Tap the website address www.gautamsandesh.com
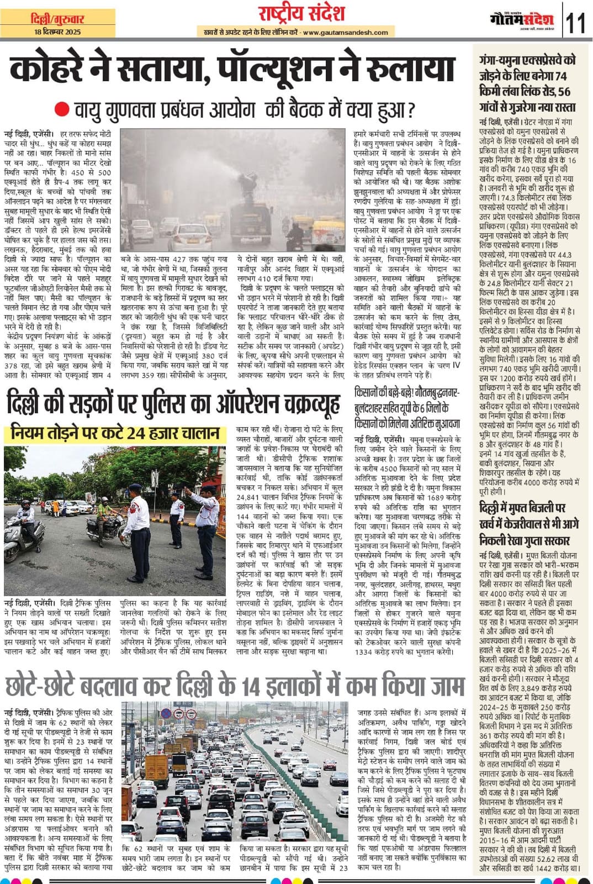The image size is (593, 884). click(x=345, y=33)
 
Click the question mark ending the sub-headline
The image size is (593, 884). click(x=410, y=110)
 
